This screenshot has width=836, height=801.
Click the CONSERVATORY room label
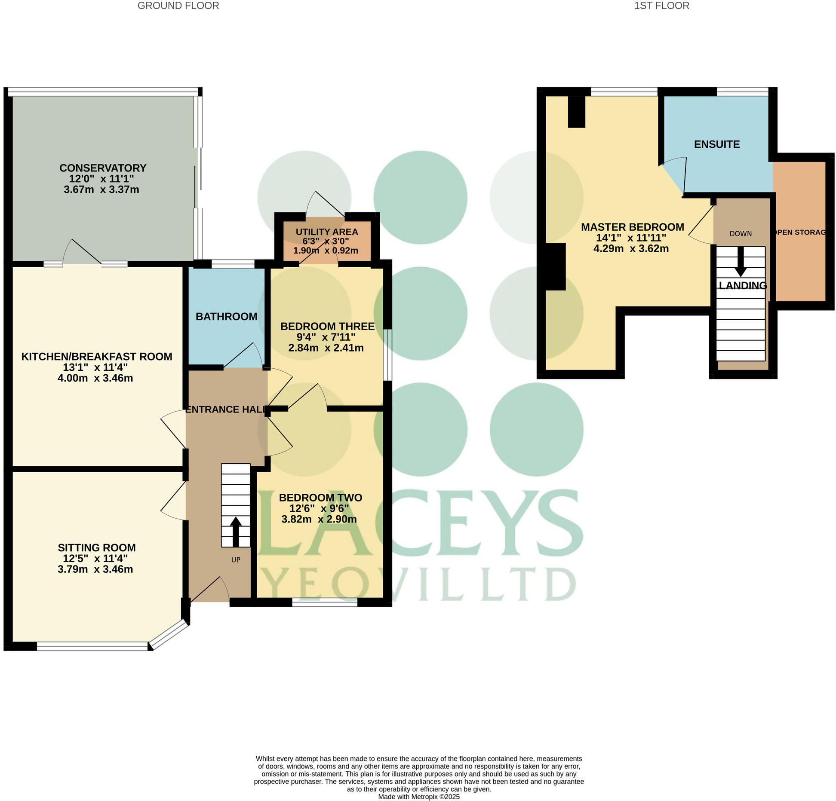point(103,168)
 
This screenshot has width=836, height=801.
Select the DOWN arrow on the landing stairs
point(741,262)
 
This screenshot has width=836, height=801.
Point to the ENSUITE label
point(716,144)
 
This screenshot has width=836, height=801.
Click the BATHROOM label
point(226,317)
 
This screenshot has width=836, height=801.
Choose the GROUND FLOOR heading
point(178,6)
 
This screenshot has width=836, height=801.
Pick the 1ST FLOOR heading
point(661,6)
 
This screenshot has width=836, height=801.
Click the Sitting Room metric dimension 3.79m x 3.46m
point(95,569)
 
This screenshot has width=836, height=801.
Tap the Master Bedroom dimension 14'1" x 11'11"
point(631,238)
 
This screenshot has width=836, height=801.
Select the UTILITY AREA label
point(327,232)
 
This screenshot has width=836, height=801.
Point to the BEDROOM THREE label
point(327,327)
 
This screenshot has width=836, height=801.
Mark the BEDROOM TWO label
point(320,498)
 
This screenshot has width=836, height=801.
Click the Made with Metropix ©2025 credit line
point(418,797)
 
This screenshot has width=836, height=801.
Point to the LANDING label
point(743,286)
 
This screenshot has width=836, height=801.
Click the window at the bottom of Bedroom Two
point(325,603)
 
